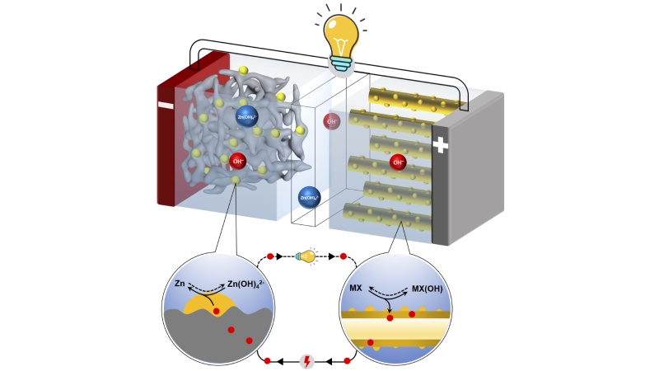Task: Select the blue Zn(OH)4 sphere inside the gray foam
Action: pyautogui.click(x=246, y=115)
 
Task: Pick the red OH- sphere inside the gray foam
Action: pyautogui.click(x=238, y=161)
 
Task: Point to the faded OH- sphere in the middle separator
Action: pyautogui.click(x=332, y=121)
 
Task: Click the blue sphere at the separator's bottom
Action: pyautogui.click(x=309, y=197)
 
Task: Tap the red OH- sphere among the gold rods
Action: pyautogui.click(x=398, y=162)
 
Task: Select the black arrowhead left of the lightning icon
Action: pyautogui.click(x=281, y=361)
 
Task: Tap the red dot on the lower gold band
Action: pyautogui.click(x=369, y=341)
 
